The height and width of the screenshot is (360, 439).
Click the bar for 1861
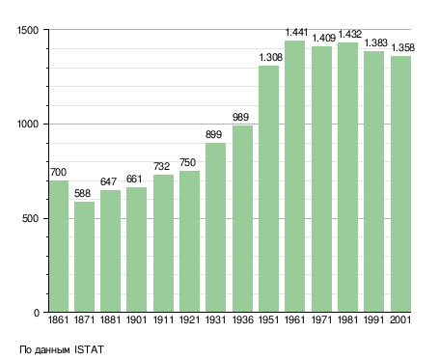tap(59, 246)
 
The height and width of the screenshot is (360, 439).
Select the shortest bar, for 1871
tap(84, 257)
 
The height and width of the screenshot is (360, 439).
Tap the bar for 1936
tap(242, 219)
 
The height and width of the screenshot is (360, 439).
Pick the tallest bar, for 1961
tap(294, 177)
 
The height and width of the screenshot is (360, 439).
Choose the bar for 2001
tap(400, 184)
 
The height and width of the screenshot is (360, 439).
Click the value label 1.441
tap(296, 32)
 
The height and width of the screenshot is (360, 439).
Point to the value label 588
tap(82, 193)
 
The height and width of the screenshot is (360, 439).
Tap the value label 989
tap(240, 117)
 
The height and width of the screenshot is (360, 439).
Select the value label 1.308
tap(271, 57)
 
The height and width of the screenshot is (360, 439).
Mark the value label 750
tap(187, 162)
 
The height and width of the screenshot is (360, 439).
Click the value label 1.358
tap(403, 48)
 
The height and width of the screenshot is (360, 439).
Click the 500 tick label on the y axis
tap(31, 219)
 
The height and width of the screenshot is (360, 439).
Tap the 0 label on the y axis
tap(37, 313)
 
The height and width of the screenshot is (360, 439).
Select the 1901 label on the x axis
tap(137, 320)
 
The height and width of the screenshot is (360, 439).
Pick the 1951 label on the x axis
tap(268, 320)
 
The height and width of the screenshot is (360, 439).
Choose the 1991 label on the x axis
tap(374, 320)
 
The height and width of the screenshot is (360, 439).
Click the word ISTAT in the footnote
tap(89, 349)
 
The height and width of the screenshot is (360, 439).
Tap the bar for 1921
tap(189, 241)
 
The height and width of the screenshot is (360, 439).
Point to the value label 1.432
tap(350, 34)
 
